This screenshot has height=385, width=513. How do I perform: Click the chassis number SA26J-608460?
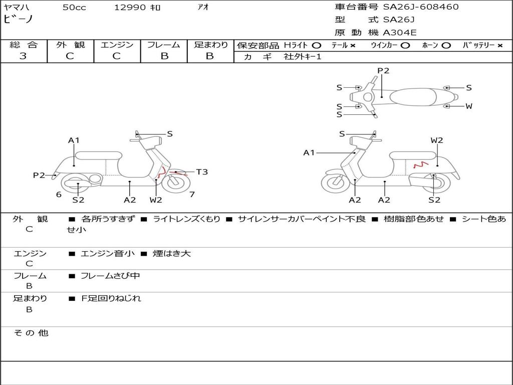pyautogui.click(x=421, y=7)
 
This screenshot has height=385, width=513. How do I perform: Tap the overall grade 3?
pyautogui.click(x=23, y=56)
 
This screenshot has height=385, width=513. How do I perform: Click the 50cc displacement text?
pyautogui.click(x=74, y=8)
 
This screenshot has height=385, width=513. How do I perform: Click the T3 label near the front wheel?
pyautogui.click(x=202, y=172)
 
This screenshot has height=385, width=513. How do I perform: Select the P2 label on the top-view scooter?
pyautogui.click(x=383, y=71)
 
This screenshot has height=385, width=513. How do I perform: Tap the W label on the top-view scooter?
pyautogui.click(x=469, y=106)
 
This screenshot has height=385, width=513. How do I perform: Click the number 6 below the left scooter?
pyautogui.click(x=59, y=195)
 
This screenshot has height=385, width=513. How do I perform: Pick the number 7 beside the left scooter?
pyautogui.click(x=192, y=195)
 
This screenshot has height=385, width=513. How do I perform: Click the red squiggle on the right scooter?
pyautogui.click(x=421, y=164)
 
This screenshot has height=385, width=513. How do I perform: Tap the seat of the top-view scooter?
pyautogui.click(x=413, y=97)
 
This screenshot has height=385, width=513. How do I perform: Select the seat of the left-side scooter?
pyautogui.click(x=99, y=155)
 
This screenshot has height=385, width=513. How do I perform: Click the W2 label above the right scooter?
pyautogui.click(x=437, y=140)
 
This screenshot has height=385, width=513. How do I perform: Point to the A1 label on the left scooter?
pyautogui.click(x=74, y=140)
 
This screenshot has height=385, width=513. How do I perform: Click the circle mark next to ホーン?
pyautogui.click(x=446, y=46)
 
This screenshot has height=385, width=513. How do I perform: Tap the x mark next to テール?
pyautogui.click(x=353, y=46)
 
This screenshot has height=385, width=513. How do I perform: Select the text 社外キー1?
pyautogui.click(x=303, y=57)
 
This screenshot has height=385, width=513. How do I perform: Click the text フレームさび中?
pyautogui.click(x=110, y=276)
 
